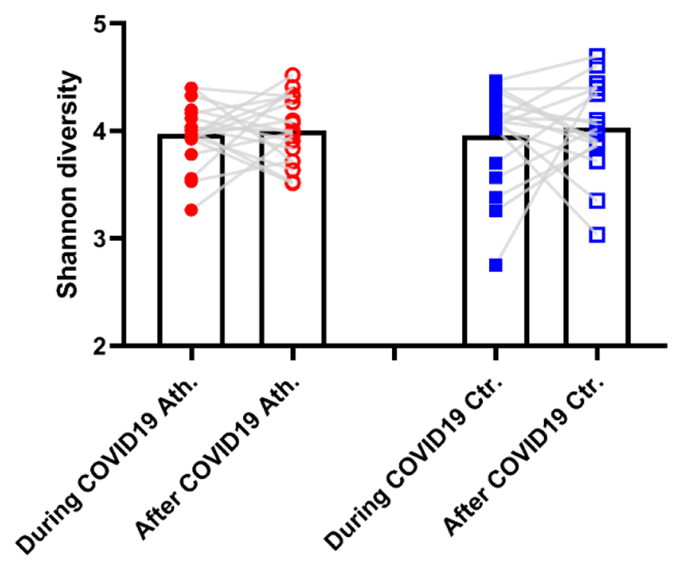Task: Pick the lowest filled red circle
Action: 192,210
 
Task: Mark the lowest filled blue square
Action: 496,265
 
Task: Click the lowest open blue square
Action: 597,235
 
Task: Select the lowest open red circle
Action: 293,183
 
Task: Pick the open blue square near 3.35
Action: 597,200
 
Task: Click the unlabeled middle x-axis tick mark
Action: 394,354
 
